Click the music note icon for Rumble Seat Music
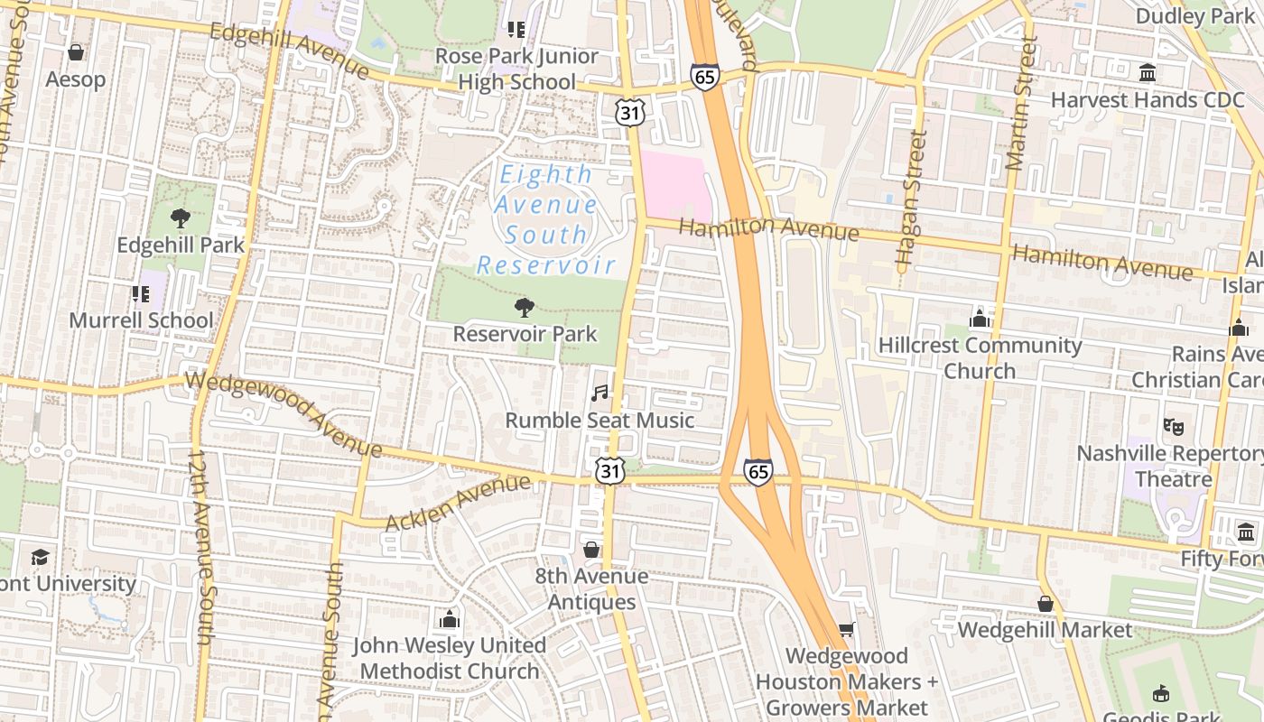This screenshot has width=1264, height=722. [x=599, y=393]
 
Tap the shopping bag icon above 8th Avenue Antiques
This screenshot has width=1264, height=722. [x=591, y=550]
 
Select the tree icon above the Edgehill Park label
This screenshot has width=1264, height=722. [x=181, y=218]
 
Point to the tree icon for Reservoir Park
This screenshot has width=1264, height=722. [x=524, y=308]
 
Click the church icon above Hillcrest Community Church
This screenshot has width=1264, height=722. [x=979, y=319]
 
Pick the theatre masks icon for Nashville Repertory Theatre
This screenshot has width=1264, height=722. [x=1173, y=426]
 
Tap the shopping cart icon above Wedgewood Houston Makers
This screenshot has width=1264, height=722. [x=846, y=629]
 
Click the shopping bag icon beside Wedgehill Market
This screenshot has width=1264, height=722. [x=1046, y=604]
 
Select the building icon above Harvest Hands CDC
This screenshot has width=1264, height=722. [x=1147, y=72]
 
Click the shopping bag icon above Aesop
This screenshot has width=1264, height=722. [x=76, y=52]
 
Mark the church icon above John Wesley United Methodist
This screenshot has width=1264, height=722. [x=449, y=619]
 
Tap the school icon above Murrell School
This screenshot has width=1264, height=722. [x=141, y=293]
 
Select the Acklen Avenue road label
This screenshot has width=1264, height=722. [x=458, y=504]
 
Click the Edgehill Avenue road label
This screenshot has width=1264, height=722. [x=289, y=51]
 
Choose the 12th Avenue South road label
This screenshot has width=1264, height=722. [x=200, y=546]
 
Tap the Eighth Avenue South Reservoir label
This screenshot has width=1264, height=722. [x=546, y=219]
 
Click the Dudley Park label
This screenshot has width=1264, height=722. [x=1194, y=16]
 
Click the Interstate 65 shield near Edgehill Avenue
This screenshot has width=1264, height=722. [x=705, y=77]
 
